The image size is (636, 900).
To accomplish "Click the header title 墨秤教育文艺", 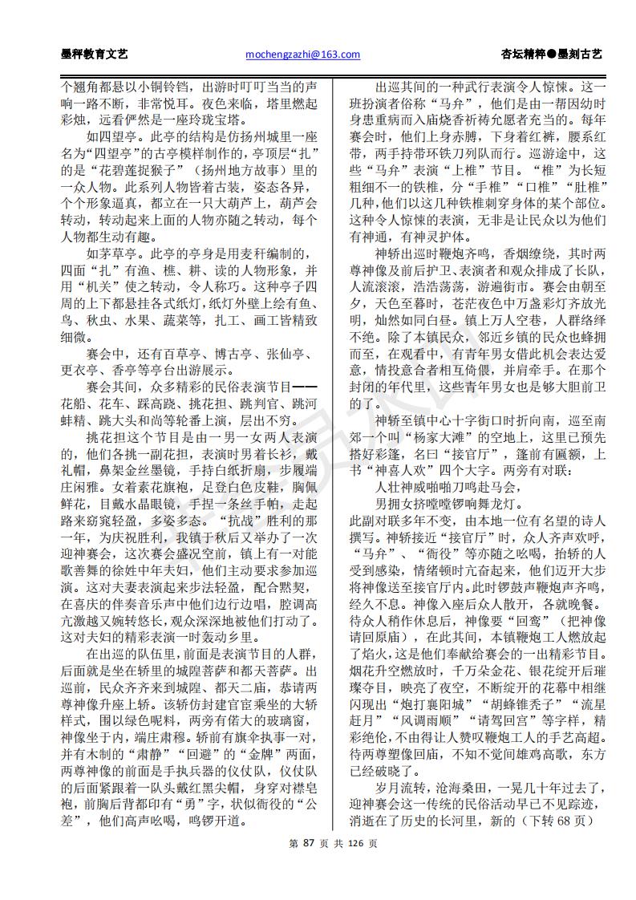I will [x=94, y=55].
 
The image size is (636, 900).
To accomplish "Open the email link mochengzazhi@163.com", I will [x=301, y=55].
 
